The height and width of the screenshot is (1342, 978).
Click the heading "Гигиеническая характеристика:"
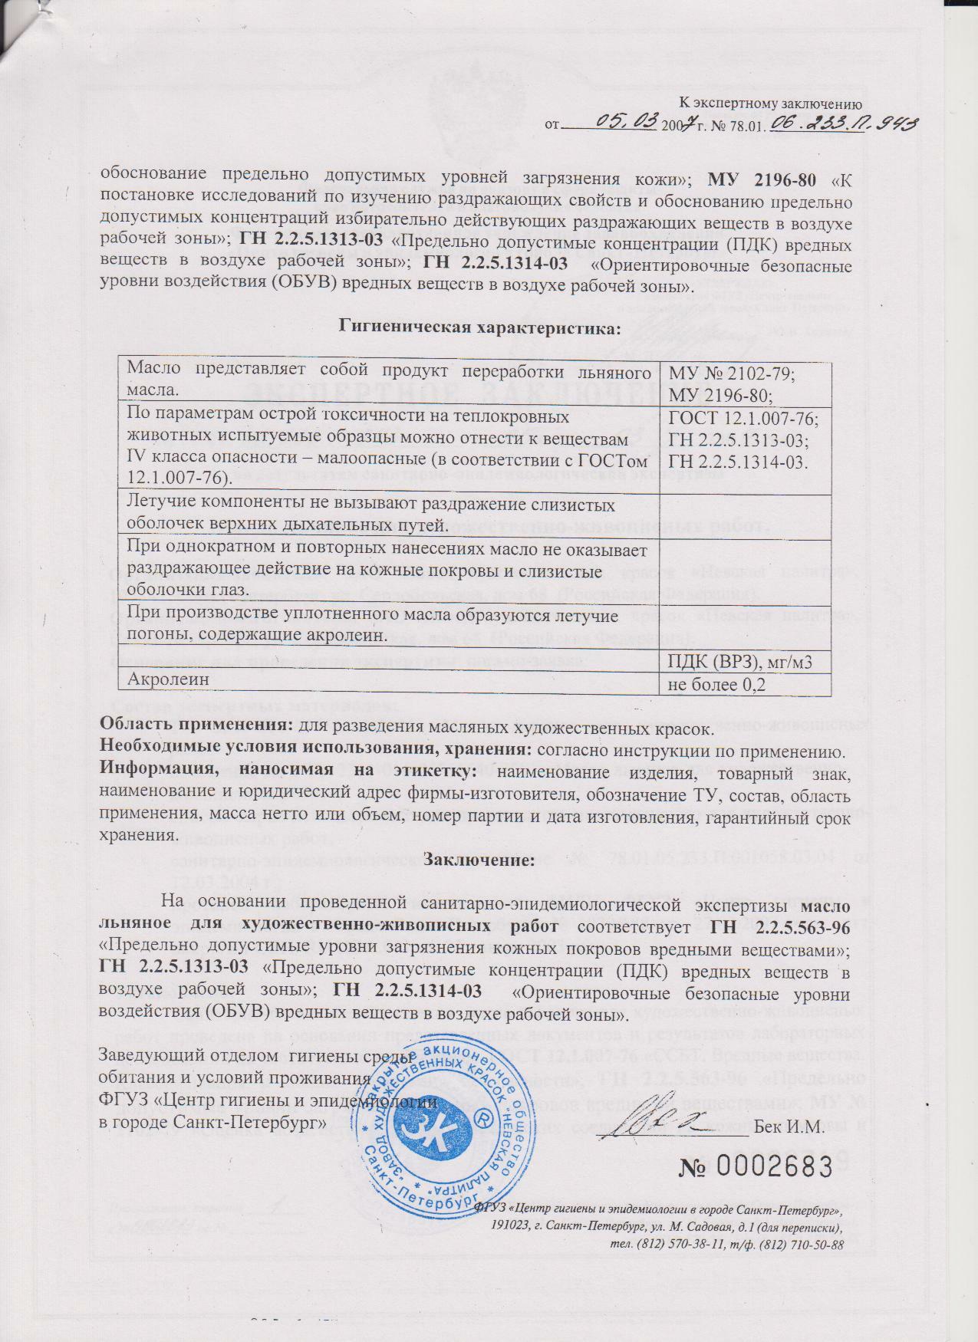click(479, 327)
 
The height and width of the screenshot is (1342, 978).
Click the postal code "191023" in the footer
click(510, 1228)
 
